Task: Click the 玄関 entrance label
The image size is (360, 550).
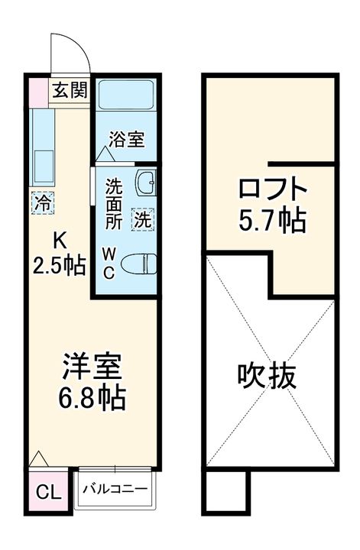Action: pyautogui.click(x=69, y=91)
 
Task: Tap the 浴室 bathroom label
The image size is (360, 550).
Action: pyautogui.click(x=127, y=140)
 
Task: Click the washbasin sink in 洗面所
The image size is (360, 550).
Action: pyautogui.click(x=145, y=183)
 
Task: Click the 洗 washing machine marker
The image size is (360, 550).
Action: pyautogui.click(x=142, y=219)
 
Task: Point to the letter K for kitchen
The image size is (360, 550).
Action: pyautogui.click(x=58, y=241)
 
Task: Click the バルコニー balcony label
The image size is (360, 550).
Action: pyautogui.click(x=115, y=489)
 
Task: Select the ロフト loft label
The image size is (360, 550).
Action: pyautogui.click(x=272, y=188)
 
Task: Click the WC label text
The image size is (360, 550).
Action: pyautogui.click(x=109, y=264)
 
